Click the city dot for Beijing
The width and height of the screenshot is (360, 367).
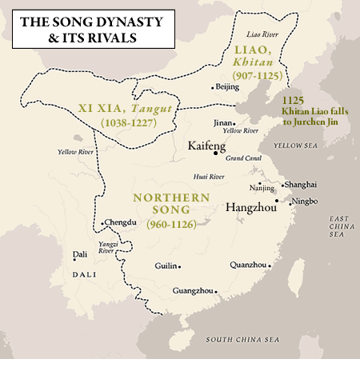click(x=212, y=87)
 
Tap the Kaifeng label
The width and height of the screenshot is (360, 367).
click(x=206, y=147)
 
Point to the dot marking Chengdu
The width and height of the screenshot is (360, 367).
click(x=102, y=221)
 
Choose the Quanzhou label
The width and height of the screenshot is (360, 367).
click(x=247, y=264)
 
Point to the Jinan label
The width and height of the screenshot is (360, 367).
click(x=223, y=122)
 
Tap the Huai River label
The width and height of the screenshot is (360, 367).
click(x=208, y=177)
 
